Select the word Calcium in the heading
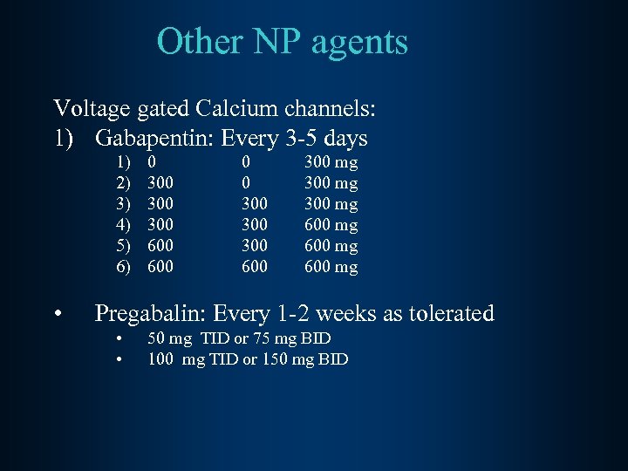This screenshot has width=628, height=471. (x=232, y=109)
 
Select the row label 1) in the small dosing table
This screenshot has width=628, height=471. (x=123, y=162)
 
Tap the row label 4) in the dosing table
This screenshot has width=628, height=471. (x=123, y=225)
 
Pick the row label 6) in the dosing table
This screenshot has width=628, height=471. (x=123, y=267)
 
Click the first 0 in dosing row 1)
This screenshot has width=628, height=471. (x=153, y=162)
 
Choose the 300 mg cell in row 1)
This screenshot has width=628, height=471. (x=331, y=162)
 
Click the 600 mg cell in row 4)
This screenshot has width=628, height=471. (x=331, y=225)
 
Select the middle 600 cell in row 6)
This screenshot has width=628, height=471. (x=255, y=267)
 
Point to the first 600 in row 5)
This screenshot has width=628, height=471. (x=160, y=246)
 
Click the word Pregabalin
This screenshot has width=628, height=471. (x=152, y=313)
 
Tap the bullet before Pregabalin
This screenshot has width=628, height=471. (x=57, y=314)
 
